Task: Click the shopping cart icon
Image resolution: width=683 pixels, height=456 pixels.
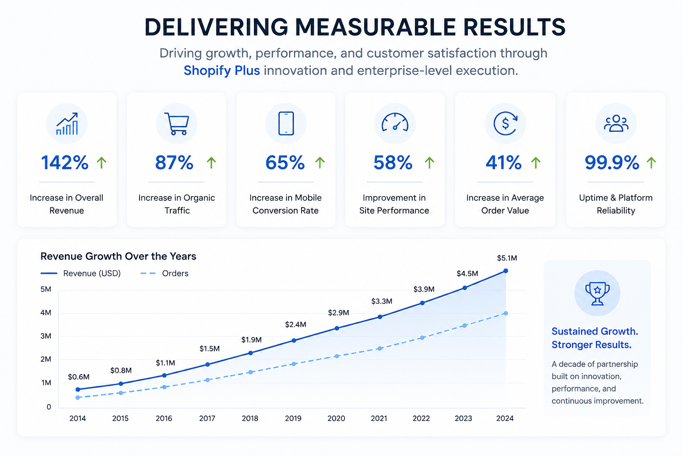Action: [x=177, y=124]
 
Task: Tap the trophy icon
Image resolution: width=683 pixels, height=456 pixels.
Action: [x=597, y=293]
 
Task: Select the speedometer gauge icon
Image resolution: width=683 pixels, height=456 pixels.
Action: [x=395, y=122]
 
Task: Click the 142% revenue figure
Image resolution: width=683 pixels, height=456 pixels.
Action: [x=64, y=163]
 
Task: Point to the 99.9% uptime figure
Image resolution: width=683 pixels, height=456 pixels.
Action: [x=612, y=163]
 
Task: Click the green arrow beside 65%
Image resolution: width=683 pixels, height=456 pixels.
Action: [x=320, y=163]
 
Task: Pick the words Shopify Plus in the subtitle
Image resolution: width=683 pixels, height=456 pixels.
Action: [x=222, y=70]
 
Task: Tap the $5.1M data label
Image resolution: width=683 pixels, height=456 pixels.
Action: [x=507, y=258]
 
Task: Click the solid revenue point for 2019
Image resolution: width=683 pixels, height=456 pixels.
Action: [x=294, y=340]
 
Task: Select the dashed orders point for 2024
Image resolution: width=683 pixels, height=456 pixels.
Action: [x=506, y=313]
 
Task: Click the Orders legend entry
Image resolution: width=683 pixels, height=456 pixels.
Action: [x=165, y=273]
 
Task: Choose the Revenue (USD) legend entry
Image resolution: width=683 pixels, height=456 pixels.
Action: [x=80, y=273]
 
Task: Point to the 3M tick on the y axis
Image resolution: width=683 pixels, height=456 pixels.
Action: [x=46, y=336]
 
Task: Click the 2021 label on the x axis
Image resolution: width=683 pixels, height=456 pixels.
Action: [x=379, y=419]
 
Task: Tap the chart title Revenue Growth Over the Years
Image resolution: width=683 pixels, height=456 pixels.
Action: [x=118, y=256]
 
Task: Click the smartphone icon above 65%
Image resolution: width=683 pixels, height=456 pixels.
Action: [x=286, y=123]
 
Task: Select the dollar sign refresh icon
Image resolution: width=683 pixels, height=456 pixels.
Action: [x=505, y=123]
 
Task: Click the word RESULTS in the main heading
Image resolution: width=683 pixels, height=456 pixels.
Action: [x=514, y=27]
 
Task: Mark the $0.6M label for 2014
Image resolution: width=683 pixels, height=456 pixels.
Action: [x=79, y=377]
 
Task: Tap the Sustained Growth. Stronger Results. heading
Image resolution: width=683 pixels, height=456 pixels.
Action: [x=595, y=338]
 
